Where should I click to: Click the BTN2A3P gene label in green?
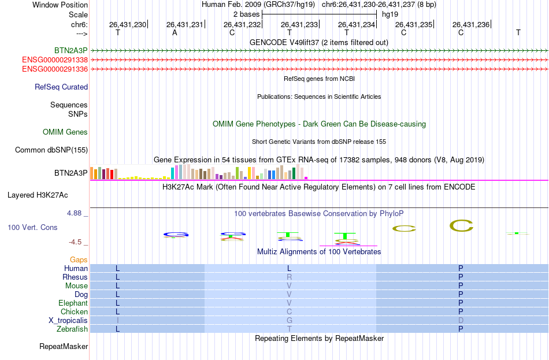coord(71,51)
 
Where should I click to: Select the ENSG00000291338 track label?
coord(55,60)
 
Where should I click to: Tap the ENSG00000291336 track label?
coord(55,69)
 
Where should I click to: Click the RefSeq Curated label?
coord(61,87)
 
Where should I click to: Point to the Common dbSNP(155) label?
coord(51,150)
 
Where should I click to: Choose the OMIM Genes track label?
coord(65,132)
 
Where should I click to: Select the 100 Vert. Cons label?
coord(32,228)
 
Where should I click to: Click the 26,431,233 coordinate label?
coord(299,24)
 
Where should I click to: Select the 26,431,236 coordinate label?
coord(471,24)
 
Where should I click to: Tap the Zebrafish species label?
coord(73,329)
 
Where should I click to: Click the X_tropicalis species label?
coord(68,320)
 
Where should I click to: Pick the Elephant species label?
coord(73,303)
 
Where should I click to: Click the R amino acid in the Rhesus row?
coord(290,277)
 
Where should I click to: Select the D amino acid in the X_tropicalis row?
coord(461,320)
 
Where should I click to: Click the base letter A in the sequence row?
coord(175,32)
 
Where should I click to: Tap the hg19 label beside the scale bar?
coord(390,13)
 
